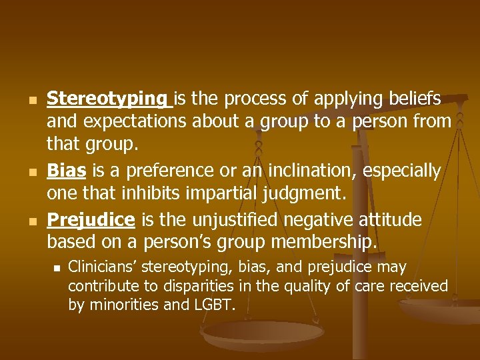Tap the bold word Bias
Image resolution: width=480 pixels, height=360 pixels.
66,171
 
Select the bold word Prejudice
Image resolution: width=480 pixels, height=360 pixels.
91,219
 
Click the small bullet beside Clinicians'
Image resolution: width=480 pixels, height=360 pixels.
57,268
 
